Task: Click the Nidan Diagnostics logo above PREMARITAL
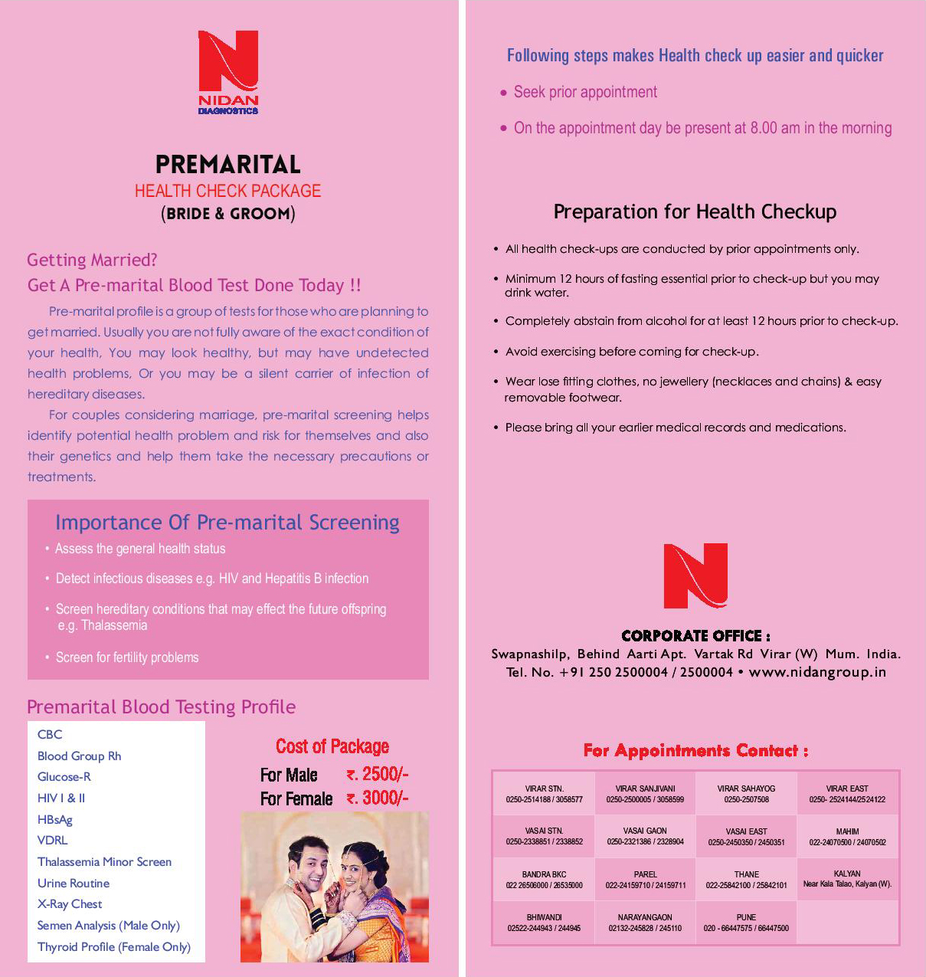[228, 70]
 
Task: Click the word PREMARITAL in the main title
[227, 165]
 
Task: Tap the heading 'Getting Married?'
[92, 261]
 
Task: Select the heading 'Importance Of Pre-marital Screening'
[227, 523]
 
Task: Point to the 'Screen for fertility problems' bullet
[127, 657]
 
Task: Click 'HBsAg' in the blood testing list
[55, 819]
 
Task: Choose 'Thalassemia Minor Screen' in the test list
[104, 862]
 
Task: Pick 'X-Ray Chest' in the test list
[70, 904]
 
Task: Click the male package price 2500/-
[378, 774]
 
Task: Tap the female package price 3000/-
[378, 798]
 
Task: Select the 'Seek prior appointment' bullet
[585, 93]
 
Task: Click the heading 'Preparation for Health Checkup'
[695, 212]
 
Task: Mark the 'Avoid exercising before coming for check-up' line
[632, 352]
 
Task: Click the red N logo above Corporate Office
[695, 575]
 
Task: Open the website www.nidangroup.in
[817, 672]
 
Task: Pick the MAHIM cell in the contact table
[847, 836]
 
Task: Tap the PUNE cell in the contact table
[746, 923]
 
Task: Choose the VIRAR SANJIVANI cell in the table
[645, 793]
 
